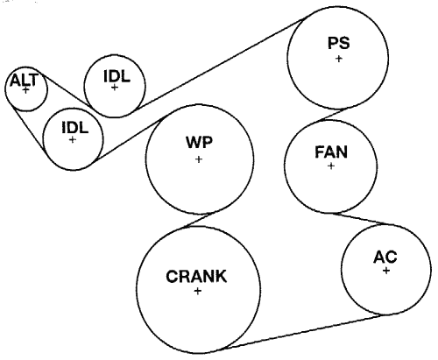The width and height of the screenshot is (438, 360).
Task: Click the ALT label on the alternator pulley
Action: point(25,80)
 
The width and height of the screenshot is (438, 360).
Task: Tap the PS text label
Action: point(339,43)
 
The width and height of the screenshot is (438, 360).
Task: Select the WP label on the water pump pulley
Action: point(200,143)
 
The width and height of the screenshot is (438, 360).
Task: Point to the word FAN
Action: point(331,152)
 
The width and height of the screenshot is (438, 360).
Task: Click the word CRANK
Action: point(196,276)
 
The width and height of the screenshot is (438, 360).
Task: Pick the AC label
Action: point(385,257)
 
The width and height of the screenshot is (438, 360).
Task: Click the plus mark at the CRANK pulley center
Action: point(198,291)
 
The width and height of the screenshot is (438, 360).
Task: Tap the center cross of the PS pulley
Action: point(339,59)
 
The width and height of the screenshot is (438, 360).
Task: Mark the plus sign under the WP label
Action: point(199,159)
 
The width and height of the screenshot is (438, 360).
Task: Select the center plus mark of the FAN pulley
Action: point(331,166)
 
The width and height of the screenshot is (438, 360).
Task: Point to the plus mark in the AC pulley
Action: point(386,271)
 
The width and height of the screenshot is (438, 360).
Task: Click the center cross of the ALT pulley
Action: point(26,90)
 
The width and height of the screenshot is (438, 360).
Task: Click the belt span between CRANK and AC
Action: point(305,332)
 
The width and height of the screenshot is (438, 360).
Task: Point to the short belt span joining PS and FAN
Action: point(331,115)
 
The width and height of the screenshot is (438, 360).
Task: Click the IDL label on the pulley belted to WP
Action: point(75,128)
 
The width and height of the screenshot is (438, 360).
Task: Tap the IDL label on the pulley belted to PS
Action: point(117,76)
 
